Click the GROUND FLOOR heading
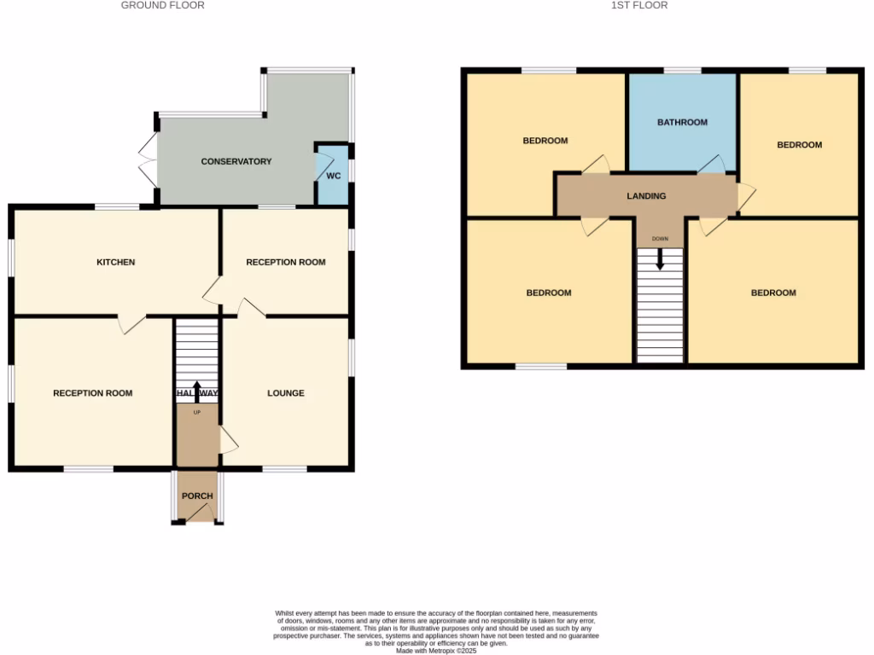[x=162, y=5]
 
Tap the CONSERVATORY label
[x=236, y=161]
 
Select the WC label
[x=334, y=177]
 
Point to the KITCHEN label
[x=115, y=262]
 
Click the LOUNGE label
[x=285, y=393]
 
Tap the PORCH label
[x=197, y=496]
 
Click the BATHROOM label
[x=682, y=122]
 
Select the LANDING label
[x=646, y=196]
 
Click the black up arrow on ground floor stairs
[x=197, y=391]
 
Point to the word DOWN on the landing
[x=660, y=239]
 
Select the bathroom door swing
[x=713, y=165]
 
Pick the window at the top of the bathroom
[x=682, y=70]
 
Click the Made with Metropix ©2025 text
[x=436, y=651]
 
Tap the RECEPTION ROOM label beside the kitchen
[x=285, y=262]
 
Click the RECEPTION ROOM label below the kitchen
[x=92, y=393]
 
